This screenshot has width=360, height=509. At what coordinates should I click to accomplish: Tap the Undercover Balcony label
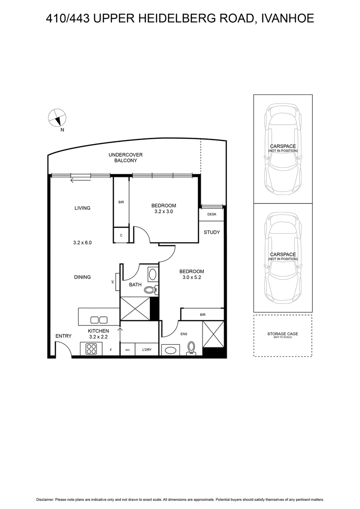pos(126,158)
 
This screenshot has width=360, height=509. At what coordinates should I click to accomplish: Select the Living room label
pos(82,208)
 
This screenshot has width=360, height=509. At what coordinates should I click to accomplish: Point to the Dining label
pos(82,277)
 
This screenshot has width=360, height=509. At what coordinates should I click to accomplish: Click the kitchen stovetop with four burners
pos(91,349)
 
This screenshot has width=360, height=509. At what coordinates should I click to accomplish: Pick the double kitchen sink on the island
pos(99,320)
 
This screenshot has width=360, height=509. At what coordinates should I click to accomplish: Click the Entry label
pos(63,336)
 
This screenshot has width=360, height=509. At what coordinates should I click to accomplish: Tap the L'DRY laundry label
pos(147,350)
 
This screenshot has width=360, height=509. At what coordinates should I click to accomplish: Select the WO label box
pos(127,350)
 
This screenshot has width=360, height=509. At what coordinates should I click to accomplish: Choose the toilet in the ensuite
pos(192,348)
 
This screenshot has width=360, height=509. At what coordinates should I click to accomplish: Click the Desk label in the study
pos(211,214)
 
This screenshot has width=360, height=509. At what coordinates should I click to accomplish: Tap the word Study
pos(211,232)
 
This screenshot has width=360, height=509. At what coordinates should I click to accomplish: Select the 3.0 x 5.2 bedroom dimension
pos(192,277)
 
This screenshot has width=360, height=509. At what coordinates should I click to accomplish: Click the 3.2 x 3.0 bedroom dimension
pos(164,212)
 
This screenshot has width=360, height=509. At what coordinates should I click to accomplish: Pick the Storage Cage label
pos(283,333)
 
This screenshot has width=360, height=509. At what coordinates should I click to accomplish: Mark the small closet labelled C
pos(121,235)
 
